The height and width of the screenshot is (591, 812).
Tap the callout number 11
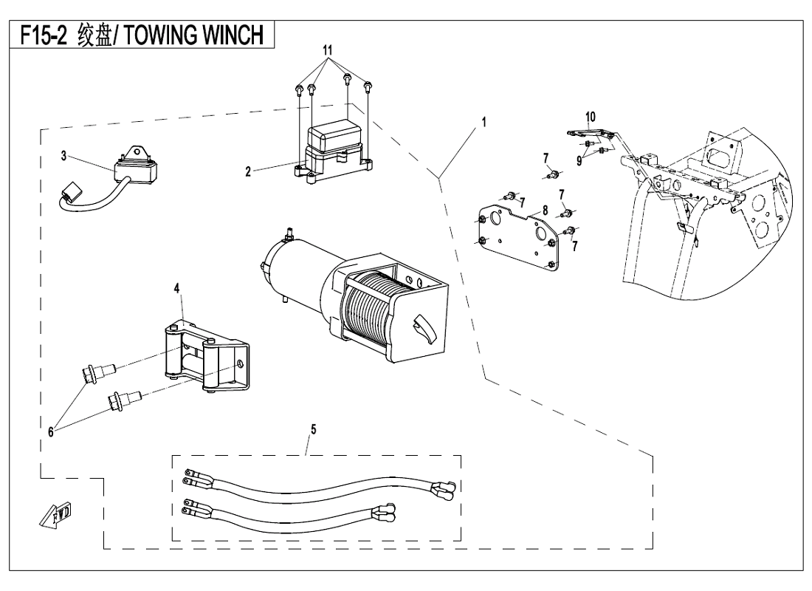click(x=329, y=51)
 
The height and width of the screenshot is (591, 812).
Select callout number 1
click(x=484, y=122)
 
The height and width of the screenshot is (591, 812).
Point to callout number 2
click(x=249, y=171)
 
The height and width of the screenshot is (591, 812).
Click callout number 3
click(x=63, y=156)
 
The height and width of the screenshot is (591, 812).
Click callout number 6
click(x=51, y=433)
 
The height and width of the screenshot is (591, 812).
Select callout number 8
click(x=544, y=211)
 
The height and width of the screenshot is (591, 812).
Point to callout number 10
click(x=590, y=116)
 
